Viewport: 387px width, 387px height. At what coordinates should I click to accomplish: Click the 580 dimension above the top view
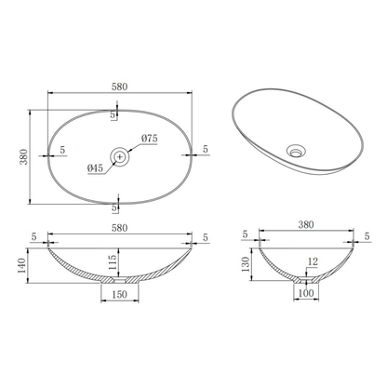119,87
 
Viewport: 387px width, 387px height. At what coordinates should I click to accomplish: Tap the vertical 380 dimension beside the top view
24,157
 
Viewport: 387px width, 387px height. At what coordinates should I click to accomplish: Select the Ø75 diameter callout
150,139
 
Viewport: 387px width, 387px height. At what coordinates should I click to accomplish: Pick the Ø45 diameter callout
95,168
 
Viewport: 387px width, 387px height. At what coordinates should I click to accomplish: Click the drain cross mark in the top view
120,157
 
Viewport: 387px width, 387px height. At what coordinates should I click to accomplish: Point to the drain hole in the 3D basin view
296,152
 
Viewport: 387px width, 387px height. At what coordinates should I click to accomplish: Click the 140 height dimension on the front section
21,266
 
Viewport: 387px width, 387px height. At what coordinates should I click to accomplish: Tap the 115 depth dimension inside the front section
113,262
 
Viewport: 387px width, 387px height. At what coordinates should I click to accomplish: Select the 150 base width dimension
119,294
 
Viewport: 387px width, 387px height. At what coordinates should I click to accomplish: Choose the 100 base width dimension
306,293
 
